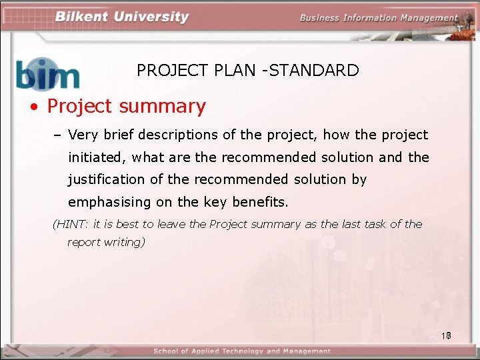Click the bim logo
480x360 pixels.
click(x=47, y=73)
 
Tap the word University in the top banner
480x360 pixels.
click(x=151, y=17)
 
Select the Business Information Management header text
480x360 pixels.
click(x=378, y=17)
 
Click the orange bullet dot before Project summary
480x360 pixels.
click(x=33, y=107)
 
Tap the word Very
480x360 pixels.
click(x=83, y=135)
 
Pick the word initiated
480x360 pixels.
click(x=97, y=157)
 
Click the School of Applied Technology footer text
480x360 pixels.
click(x=242, y=351)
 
